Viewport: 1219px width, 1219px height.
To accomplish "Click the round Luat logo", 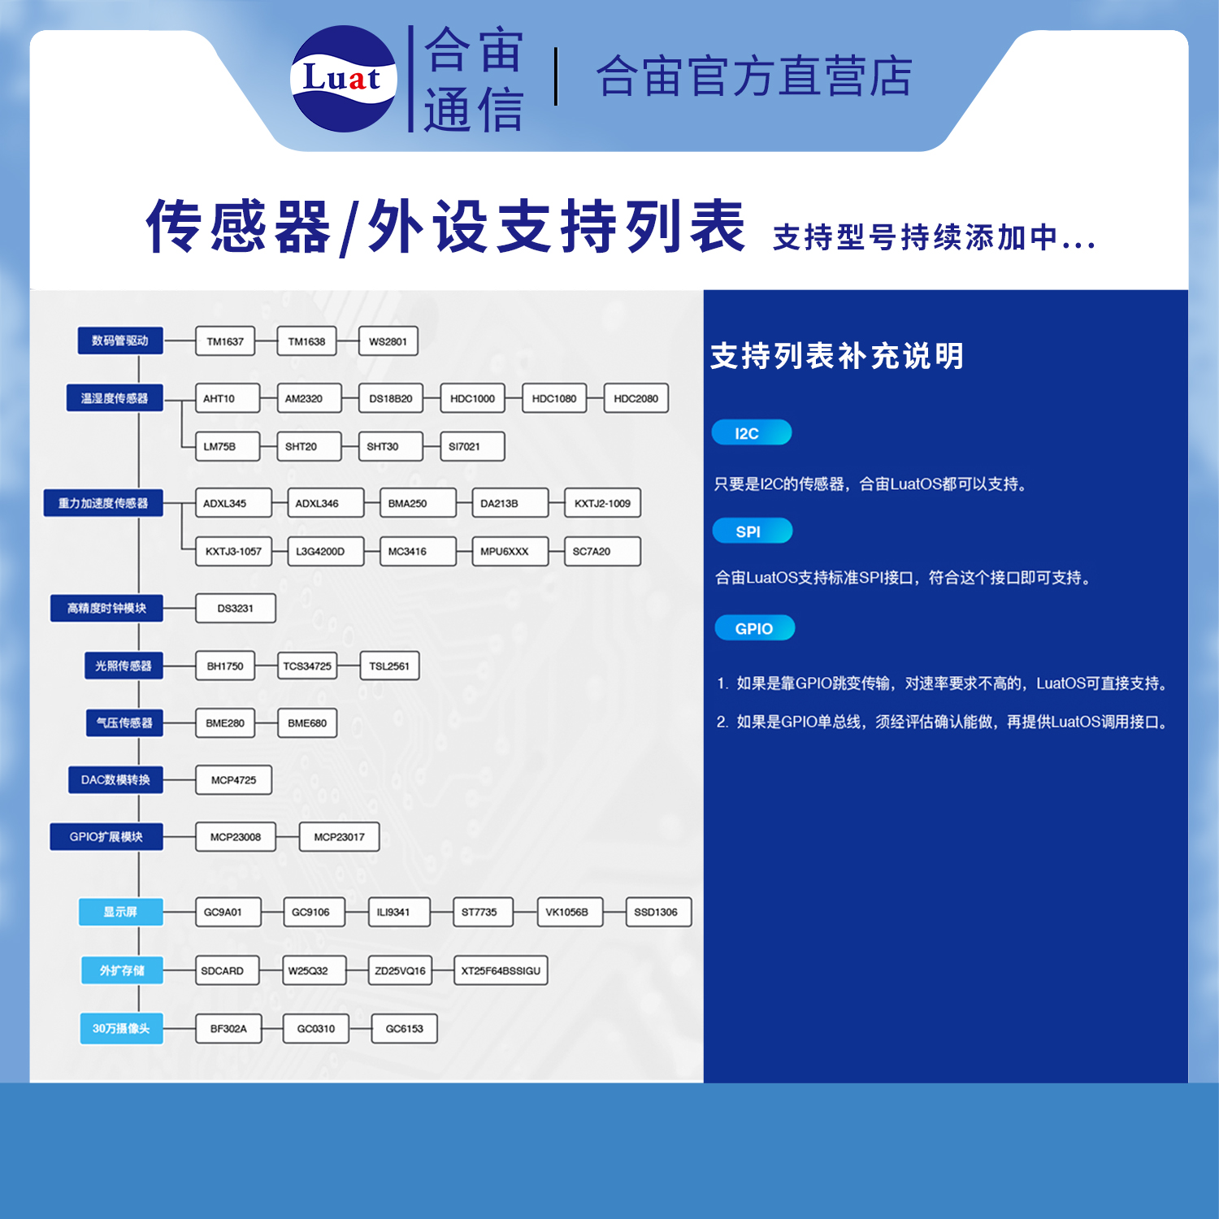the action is click(343, 79).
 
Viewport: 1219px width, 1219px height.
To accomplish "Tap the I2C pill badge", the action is click(751, 432).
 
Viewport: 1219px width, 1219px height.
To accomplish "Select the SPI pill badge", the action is click(752, 531).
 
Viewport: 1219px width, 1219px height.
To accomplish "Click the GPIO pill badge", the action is click(754, 628).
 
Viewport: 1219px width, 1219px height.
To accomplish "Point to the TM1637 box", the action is click(225, 341).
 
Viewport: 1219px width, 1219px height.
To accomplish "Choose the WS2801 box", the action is click(388, 341).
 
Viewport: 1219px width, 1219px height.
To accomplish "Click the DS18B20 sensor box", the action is click(390, 398).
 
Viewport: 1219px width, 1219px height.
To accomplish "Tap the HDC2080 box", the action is click(636, 398).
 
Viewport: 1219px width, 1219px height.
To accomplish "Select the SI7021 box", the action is click(471, 446).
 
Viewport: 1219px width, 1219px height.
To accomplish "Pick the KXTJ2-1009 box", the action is click(602, 503).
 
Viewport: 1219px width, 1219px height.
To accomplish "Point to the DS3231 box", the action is click(236, 608).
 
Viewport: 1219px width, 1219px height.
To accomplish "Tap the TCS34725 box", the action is click(307, 666).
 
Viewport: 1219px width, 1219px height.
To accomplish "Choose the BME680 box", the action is click(307, 722).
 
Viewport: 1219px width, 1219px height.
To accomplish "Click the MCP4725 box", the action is click(233, 779).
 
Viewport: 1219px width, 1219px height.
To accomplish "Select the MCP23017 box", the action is click(339, 836).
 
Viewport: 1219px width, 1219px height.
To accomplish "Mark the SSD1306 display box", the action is click(657, 912).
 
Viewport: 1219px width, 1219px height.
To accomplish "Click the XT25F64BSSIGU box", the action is click(501, 970).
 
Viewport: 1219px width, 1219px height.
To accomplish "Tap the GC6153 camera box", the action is click(404, 1028).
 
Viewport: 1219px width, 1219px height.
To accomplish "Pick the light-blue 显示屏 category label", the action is click(120, 912).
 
